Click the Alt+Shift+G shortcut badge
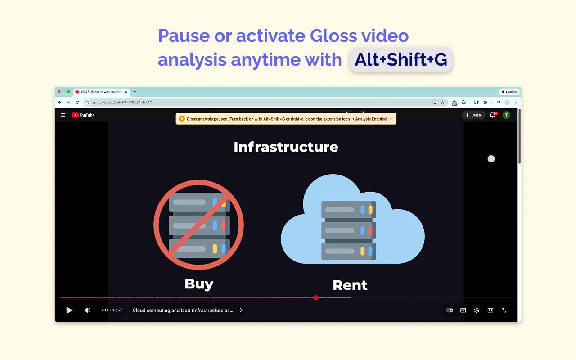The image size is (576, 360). [401, 59]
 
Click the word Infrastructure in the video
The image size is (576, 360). [286, 147]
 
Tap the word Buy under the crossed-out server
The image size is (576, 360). [199, 283]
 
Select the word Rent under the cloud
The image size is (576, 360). [350, 285]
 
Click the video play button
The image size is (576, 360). [69, 310]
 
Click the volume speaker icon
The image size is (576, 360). [87, 310]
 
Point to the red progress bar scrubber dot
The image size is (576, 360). [316, 297]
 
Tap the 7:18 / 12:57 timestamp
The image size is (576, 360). [112, 310]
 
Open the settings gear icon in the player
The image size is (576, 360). [477, 310]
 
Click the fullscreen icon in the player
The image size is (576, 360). [504, 310]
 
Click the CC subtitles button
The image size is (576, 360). [463, 310]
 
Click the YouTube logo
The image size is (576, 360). [83, 115]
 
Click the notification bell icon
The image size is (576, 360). [493, 115]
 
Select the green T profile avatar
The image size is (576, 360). [506, 115]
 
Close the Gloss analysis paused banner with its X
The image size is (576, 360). [391, 119]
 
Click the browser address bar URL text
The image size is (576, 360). [122, 103]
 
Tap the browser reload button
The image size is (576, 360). [77, 103]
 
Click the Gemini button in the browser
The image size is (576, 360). [509, 92]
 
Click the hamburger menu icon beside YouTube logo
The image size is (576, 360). [63, 115]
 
